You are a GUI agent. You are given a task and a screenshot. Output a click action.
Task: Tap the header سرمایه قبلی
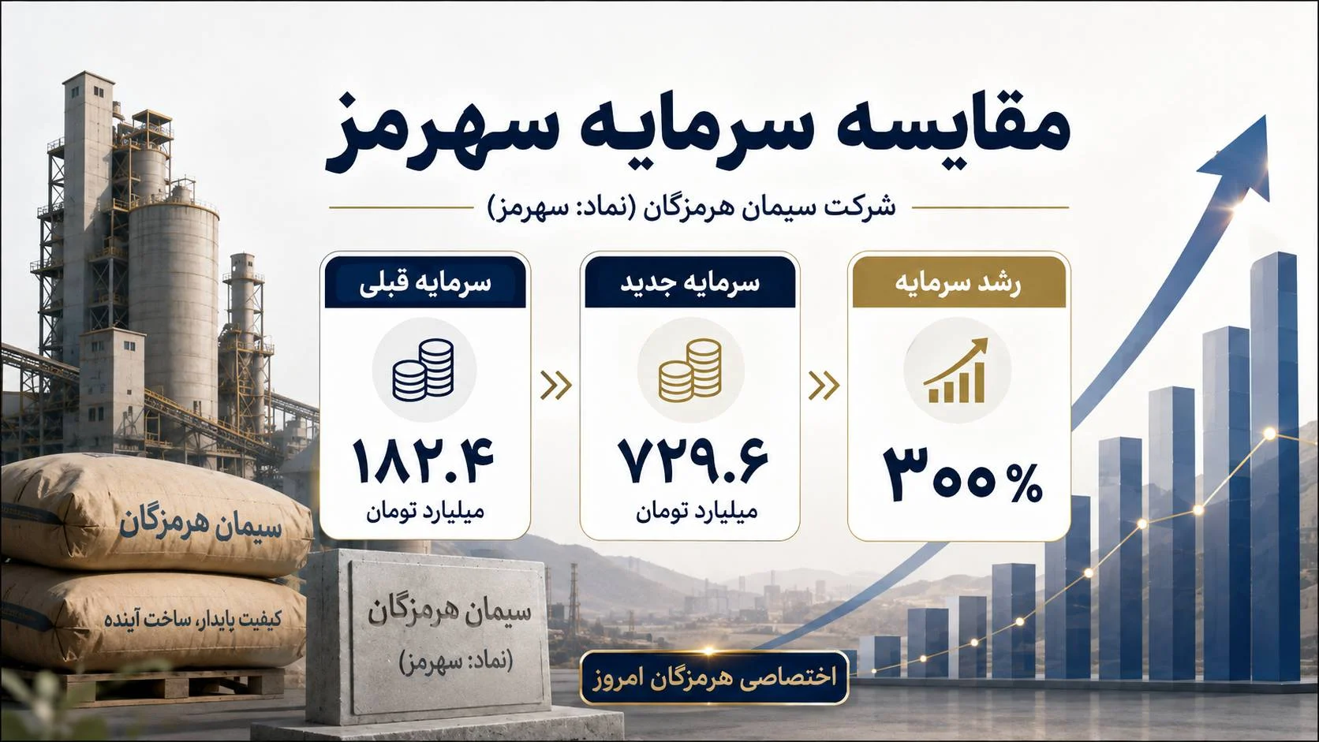425,282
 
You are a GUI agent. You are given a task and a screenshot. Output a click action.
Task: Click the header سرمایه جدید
690,282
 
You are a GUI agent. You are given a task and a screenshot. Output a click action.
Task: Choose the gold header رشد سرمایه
958,282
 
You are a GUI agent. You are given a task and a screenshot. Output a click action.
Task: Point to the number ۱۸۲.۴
424,462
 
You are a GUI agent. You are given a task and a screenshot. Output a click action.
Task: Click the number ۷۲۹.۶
693,462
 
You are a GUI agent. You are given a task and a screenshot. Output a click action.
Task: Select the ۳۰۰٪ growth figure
962,474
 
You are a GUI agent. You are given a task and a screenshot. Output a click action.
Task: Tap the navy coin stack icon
424,369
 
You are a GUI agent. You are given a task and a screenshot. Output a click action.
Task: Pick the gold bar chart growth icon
956,370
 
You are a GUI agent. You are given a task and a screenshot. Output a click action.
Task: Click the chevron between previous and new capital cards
556,386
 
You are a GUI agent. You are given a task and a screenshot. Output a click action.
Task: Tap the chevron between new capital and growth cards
824,386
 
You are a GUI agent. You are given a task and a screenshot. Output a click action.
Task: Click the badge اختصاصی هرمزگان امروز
714,677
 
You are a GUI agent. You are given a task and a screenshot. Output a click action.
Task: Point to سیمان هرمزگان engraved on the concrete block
450,613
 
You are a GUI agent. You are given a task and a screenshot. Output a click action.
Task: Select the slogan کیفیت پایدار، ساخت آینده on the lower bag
193,620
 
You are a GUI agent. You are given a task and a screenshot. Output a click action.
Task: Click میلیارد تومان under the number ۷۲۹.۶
696,512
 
